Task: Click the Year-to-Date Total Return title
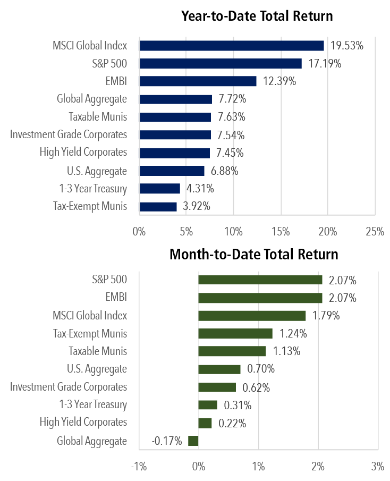coord(257,16)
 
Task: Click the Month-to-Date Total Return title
coord(253,254)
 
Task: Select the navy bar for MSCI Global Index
coord(232,46)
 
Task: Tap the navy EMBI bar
coord(198,81)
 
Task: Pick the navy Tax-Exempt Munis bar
coord(158,206)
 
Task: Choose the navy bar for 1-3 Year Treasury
coord(159,189)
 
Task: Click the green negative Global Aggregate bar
coord(193,441)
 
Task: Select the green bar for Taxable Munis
coord(232,351)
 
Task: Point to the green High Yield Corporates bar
coord(205,423)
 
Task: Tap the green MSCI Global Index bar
coord(252,316)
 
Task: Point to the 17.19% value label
coord(324,64)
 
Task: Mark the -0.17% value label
coord(167,441)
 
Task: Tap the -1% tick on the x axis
coord(139,467)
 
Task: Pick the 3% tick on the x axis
coord(378,467)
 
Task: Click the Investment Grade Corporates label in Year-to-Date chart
coord(69,134)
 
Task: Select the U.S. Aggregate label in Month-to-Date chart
coord(97,369)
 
